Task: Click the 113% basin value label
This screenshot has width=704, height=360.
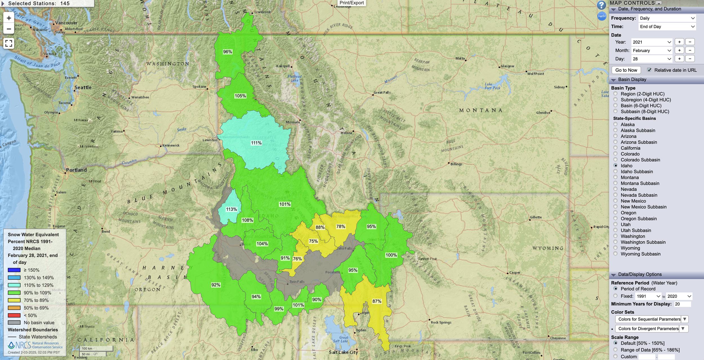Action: pyautogui.click(x=231, y=209)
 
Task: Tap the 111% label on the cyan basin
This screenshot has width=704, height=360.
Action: pyautogui.click(x=256, y=143)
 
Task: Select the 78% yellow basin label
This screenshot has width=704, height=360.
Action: pyautogui.click(x=340, y=226)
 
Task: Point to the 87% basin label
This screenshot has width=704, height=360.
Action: pyautogui.click(x=377, y=301)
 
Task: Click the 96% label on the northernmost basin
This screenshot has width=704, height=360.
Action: pyautogui.click(x=228, y=52)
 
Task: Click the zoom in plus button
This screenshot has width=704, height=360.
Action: pyautogui.click(x=9, y=18)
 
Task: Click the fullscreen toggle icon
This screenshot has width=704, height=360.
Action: pyautogui.click(x=9, y=43)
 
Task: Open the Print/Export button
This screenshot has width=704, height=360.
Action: pyautogui.click(x=351, y=3)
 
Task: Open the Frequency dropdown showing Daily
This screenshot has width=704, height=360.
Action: pyautogui.click(x=667, y=18)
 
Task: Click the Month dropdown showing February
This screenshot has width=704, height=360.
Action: pyautogui.click(x=651, y=50)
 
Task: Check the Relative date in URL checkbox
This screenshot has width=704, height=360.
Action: pyautogui.click(x=649, y=70)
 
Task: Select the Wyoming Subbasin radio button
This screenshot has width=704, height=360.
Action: pyautogui.click(x=616, y=254)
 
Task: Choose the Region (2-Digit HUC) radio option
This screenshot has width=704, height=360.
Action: pyautogui.click(x=616, y=94)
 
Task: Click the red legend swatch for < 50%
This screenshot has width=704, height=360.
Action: pyautogui.click(x=14, y=315)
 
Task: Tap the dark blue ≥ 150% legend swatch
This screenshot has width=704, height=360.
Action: pyautogui.click(x=14, y=270)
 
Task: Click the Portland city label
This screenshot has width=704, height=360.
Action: pyautogui.click(x=76, y=170)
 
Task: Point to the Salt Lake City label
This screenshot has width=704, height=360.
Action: pyautogui.click(x=343, y=352)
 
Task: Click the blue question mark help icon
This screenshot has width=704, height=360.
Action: pyautogui.click(x=601, y=5)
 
